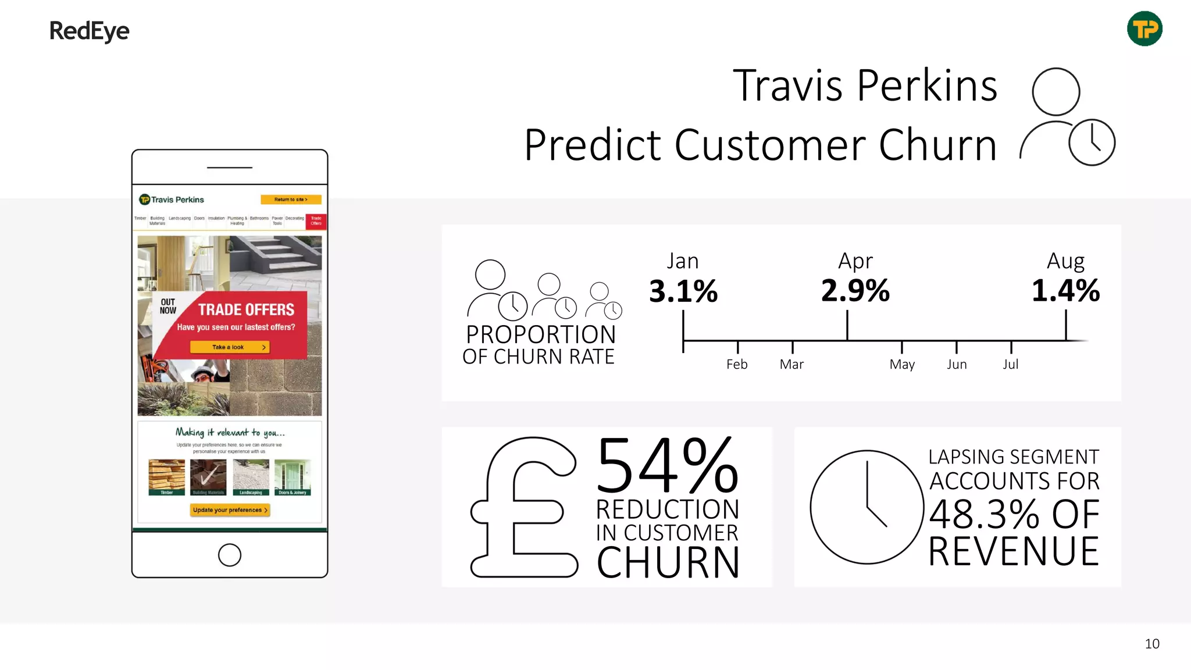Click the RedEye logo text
pyautogui.click(x=89, y=31)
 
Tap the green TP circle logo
pyautogui.click(x=1144, y=28)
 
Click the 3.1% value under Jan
pyautogui.click(x=683, y=291)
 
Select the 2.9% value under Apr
pyautogui.click(x=855, y=290)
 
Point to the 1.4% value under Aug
pyautogui.click(x=1065, y=290)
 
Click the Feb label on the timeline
pyautogui.click(x=737, y=365)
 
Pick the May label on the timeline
pyautogui.click(x=902, y=365)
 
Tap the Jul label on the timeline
pyautogui.click(x=1011, y=365)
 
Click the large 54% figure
pyautogui.click(x=667, y=466)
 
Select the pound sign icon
pyautogui.click(x=523, y=508)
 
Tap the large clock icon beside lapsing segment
pyautogui.click(x=866, y=507)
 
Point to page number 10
pyautogui.click(x=1151, y=644)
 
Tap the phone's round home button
pyautogui.click(x=230, y=555)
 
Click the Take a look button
pyautogui.click(x=230, y=347)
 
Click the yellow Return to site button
pyautogui.click(x=291, y=199)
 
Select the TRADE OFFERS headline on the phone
pyautogui.click(x=246, y=309)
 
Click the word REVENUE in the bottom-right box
pyautogui.click(x=1013, y=551)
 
